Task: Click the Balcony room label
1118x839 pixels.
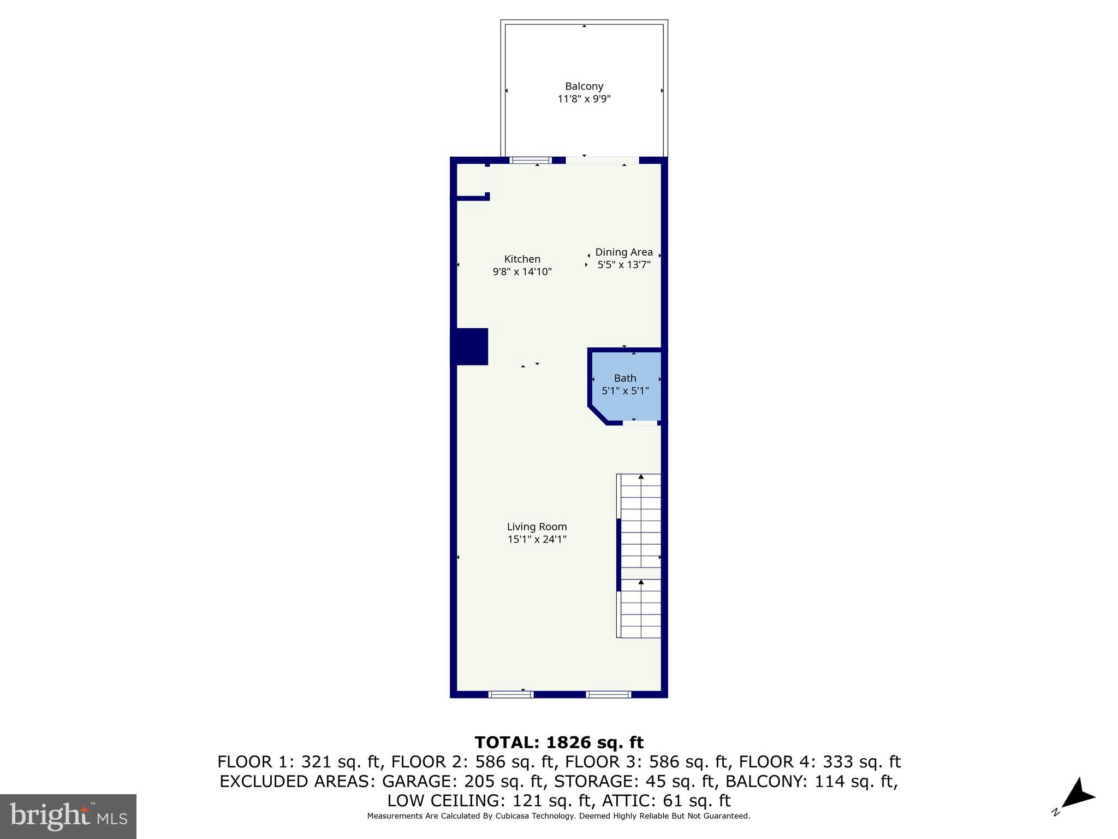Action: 584,86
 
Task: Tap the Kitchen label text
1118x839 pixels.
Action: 522,259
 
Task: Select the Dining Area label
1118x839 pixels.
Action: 623,252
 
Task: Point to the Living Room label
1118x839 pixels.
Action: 537,527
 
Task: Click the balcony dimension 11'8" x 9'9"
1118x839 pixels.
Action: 584,99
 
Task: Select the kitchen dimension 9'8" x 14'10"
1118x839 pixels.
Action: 522,271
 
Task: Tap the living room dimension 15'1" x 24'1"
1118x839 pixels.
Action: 537,540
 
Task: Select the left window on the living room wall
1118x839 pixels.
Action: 510,694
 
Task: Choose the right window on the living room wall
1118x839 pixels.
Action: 608,694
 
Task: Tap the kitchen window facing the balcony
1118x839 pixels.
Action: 530,160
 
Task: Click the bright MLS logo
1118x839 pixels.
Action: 68,816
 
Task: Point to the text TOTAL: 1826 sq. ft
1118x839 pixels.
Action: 559,742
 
